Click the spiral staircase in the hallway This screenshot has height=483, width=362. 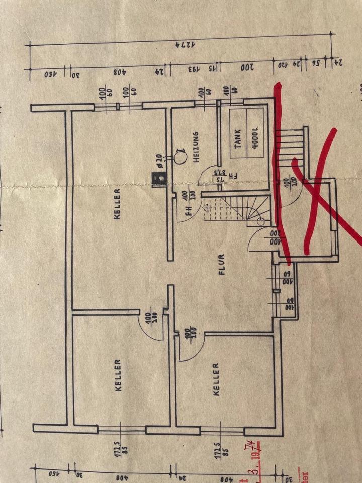pos(236,211)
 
